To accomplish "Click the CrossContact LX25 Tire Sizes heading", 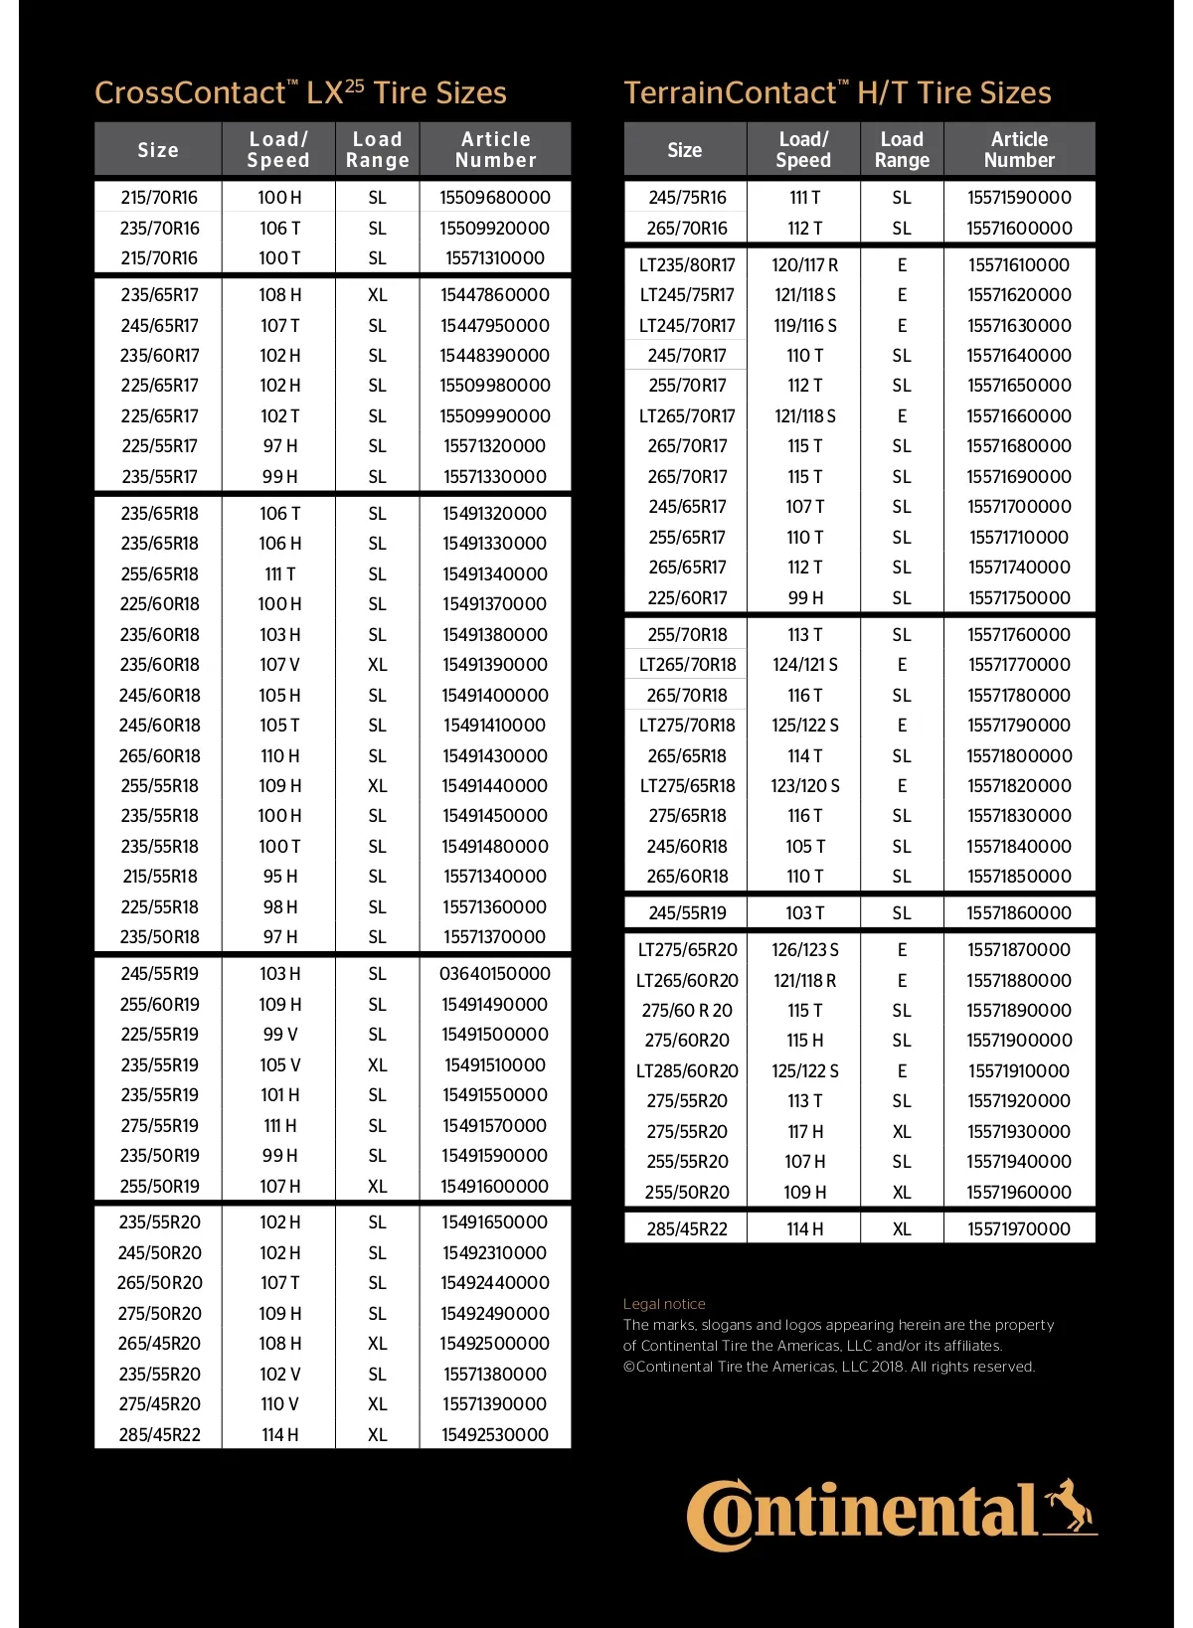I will (300, 93).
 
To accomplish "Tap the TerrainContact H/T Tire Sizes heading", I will (837, 93).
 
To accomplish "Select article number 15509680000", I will (495, 198).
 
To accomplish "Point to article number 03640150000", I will (495, 974).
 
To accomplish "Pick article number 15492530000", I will (495, 1434).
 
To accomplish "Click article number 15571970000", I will (1019, 1229).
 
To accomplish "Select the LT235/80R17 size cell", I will (687, 265).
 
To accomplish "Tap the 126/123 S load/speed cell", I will (805, 950).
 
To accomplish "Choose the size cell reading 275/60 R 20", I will (687, 1011).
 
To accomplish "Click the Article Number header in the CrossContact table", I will (495, 150).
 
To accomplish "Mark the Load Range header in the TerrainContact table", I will (902, 150).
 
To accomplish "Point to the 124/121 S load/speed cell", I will (805, 665).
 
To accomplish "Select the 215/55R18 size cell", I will (159, 877).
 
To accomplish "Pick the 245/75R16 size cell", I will (687, 198).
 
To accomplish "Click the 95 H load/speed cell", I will (279, 877).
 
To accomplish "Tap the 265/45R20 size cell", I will (159, 1344).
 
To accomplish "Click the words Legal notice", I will (664, 1304).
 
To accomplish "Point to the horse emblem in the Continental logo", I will (1069, 1505).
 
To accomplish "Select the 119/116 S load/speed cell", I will (805, 326).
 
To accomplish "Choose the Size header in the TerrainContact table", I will (685, 150).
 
